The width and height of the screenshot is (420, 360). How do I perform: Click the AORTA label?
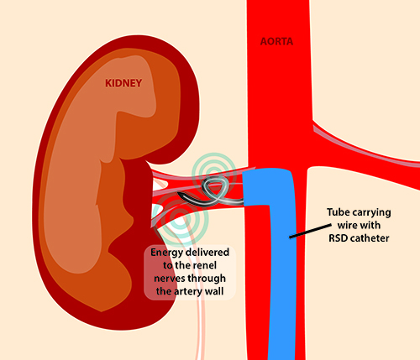[x=276, y=41]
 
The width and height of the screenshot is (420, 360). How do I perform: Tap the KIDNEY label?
[x=123, y=83]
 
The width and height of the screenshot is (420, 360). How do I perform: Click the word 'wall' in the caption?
[x=214, y=291]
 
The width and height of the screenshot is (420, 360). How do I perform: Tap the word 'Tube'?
[x=339, y=212]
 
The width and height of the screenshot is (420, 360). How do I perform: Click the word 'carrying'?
[x=371, y=213]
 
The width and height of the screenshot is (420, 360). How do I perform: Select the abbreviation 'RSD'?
[x=339, y=238]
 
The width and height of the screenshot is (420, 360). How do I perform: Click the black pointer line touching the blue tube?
[x=310, y=231]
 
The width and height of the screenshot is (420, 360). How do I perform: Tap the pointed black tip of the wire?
[x=179, y=194]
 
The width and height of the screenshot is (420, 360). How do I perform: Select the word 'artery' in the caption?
[x=188, y=292]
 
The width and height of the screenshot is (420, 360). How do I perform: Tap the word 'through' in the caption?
[x=207, y=279]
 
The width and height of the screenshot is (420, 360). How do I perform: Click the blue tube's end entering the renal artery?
[x=244, y=189]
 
